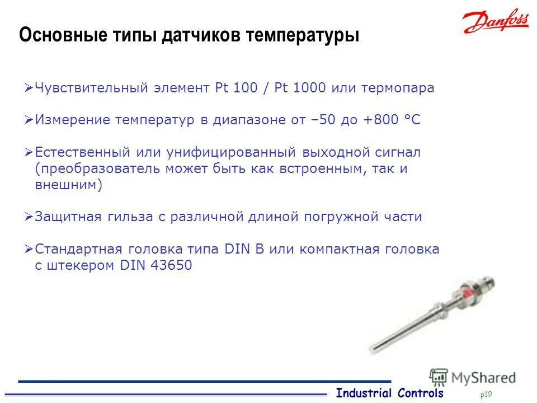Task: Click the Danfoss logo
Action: point(496,23)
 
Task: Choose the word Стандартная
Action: point(78,249)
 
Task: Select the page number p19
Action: point(486,395)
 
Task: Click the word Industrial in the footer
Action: point(364,393)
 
